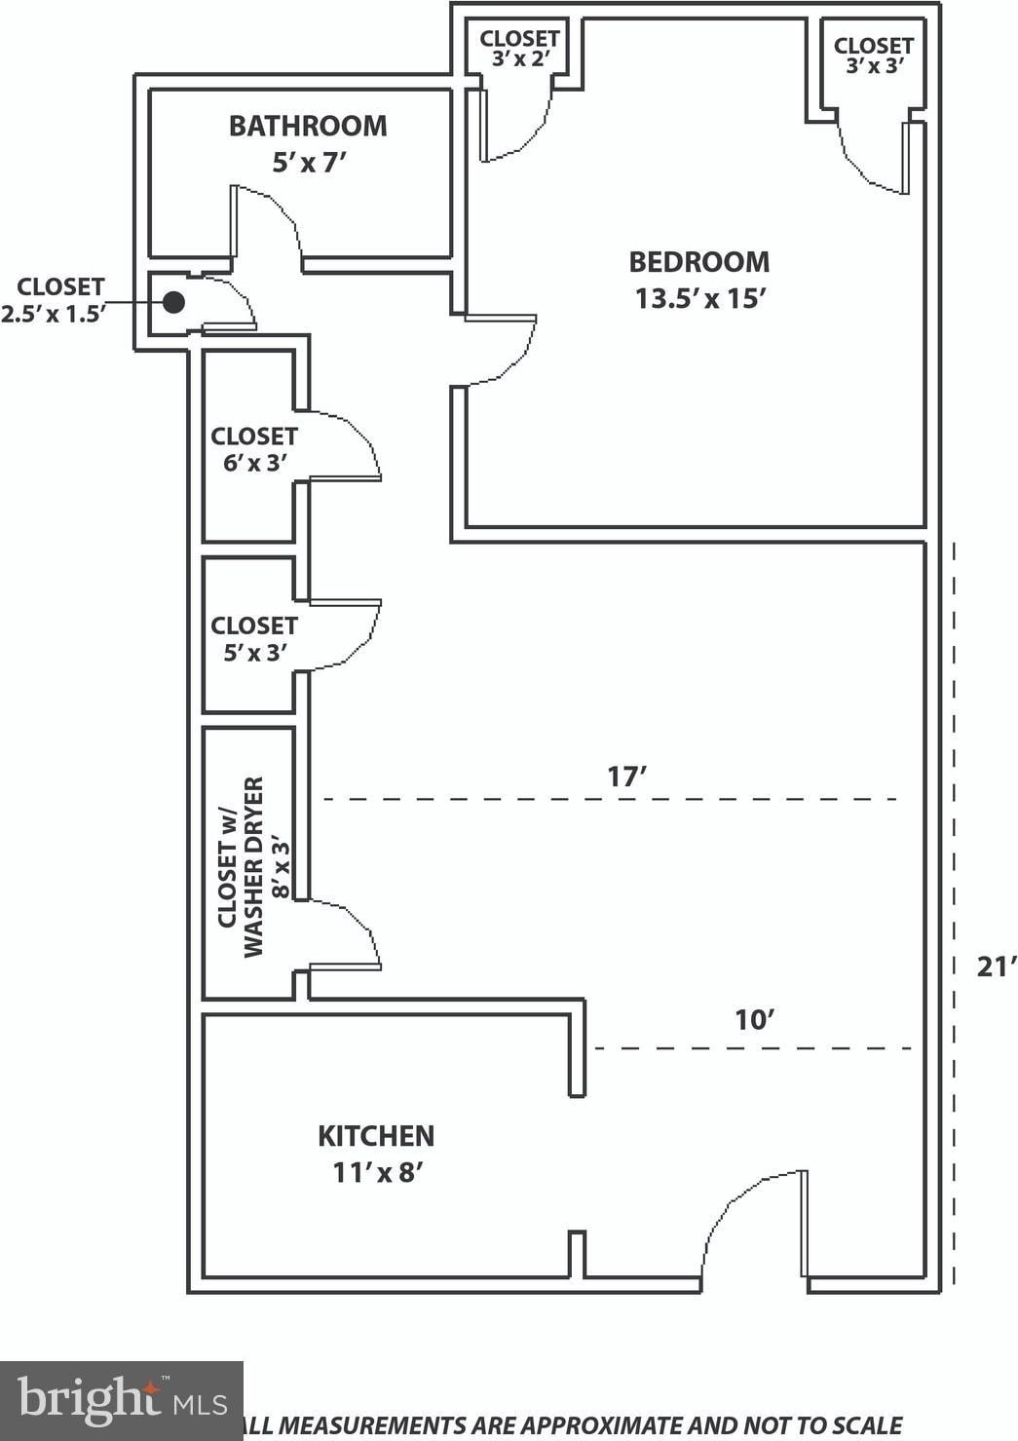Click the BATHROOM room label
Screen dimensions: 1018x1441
click(308, 126)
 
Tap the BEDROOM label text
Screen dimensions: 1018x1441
click(699, 262)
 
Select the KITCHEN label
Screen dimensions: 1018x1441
click(376, 1136)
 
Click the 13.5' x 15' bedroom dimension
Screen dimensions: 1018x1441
click(700, 298)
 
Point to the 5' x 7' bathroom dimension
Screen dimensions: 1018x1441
click(310, 163)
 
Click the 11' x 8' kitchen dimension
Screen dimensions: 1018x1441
click(377, 1173)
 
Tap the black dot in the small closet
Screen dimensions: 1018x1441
click(173, 302)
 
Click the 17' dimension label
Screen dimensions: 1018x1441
click(626, 777)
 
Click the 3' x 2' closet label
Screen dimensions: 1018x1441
click(519, 49)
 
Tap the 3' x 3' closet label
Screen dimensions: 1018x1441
click(874, 56)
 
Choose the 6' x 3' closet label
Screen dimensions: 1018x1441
click(254, 449)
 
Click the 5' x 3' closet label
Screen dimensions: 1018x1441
click(254, 638)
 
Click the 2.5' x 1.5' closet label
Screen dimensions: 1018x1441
click(53, 300)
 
